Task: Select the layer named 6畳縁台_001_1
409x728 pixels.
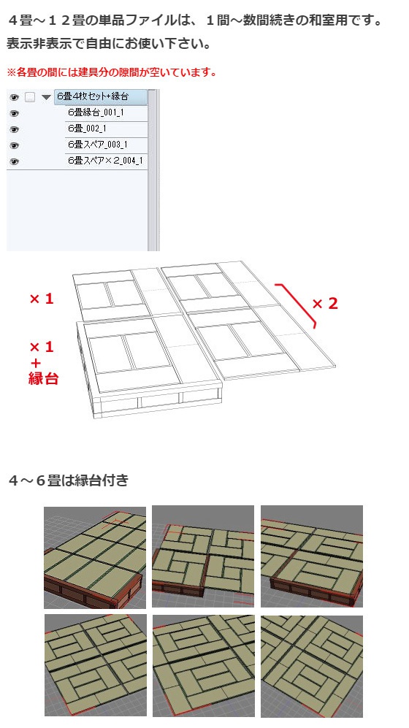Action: click(x=96, y=112)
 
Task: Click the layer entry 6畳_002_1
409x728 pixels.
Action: click(x=87, y=129)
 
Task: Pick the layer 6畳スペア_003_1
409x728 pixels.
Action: click(x=97, y=145)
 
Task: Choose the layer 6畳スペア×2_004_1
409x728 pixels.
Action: click(x=104, y=161)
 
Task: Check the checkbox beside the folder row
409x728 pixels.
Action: click(x=30, y=97)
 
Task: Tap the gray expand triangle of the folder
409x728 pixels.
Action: click(x=46, y=97)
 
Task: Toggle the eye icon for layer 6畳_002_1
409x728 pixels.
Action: click(x=14, y=129)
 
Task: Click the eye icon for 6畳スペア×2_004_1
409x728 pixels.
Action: click(x=14, y=161)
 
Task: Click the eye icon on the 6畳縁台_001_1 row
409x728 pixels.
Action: click(x=14, y=113)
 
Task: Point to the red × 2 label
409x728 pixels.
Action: click(x=325, y=304)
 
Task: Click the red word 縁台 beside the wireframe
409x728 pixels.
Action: click(x=43, y=379)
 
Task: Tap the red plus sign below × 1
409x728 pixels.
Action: click(x=35, y=362)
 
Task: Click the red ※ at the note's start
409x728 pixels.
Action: click(x=11, y=73)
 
